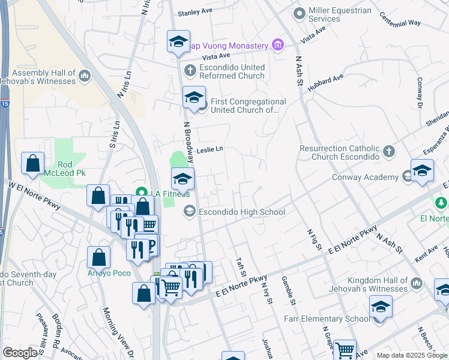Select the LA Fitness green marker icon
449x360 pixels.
(142, 193)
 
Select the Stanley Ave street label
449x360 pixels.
(196, 11)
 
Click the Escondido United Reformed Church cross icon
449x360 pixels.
(190, 71)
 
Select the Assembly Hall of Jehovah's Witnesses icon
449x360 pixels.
(84, 76)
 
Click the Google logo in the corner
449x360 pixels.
(20, 353)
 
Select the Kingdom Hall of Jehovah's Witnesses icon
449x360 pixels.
(416, 280)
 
